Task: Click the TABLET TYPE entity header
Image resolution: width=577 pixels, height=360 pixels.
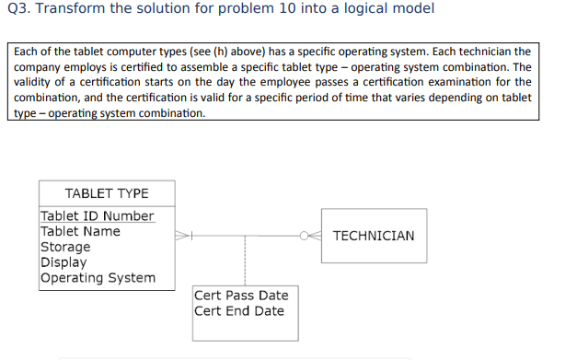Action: click(107, 193)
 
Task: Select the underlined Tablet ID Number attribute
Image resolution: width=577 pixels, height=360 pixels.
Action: click(98, 216)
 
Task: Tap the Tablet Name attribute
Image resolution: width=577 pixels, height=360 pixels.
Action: click(80, 231)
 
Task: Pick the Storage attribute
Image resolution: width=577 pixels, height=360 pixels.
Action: click(65, 247)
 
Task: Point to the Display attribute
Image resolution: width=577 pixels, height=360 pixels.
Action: click(63, 262)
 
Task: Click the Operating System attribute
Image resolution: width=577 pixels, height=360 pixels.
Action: click(98, 278)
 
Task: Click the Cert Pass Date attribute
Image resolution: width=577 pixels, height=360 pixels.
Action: click(241, 296)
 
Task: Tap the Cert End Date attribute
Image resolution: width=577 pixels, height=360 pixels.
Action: click(239, 311)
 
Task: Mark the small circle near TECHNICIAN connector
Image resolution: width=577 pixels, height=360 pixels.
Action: click(304, 236)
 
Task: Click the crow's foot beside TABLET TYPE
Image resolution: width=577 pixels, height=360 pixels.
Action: click(181, 236)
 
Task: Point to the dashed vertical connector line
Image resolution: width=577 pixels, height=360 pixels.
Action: click(245, 261)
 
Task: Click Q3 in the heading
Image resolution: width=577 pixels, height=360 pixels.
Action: click(18, 8)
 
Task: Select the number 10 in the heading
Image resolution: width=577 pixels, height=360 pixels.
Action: click(287, 8)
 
